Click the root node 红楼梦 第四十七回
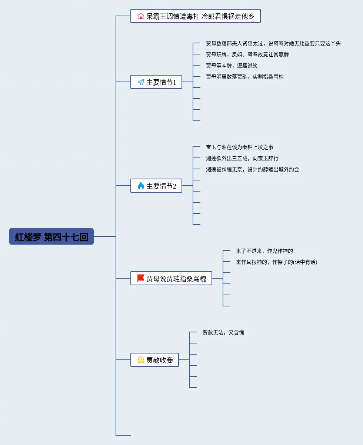[x=51, y=236]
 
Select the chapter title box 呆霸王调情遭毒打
[x=196, y=16]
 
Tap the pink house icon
[x=141, y=16]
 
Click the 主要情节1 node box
[x=156, y=82]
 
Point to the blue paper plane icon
[x=141, y=82]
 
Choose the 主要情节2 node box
[x=156, y=186]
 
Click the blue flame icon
[x=141, y=186]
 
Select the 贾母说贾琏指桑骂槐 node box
[x=171, y=278]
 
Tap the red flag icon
[x=141, y=278]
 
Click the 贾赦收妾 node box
[x=154, y=360]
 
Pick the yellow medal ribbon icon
[x=141, y=360]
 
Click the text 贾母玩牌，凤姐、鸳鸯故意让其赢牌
[x=247, y=54]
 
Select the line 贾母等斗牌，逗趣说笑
[x=232, y=66]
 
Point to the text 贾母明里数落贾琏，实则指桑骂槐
[x=245, y=77]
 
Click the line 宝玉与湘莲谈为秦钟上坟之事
[x=240, y=147]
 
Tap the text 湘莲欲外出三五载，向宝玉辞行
[x=242, y=158]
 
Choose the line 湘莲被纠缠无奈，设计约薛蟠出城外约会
[x=253, y=169]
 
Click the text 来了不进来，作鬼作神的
[x=264, y=251]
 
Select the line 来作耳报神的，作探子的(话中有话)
[x=277, y=262]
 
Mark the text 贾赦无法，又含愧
[x=223, y=332]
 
